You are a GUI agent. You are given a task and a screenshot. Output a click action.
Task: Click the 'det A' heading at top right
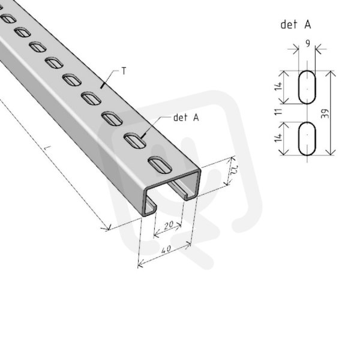296,25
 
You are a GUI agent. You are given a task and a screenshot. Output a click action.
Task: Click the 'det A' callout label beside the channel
186,118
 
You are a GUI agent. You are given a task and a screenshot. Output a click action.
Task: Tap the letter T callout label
124,71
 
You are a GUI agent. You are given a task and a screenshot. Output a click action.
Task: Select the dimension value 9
308,43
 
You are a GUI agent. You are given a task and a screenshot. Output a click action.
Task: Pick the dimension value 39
325,113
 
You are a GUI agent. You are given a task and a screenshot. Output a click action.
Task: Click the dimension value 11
278,112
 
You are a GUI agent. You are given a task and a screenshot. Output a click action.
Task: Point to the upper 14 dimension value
278,86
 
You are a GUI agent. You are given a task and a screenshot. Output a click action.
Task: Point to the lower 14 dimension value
278,137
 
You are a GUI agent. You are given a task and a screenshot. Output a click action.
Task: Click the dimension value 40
166,250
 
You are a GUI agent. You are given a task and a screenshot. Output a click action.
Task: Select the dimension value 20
169,225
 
